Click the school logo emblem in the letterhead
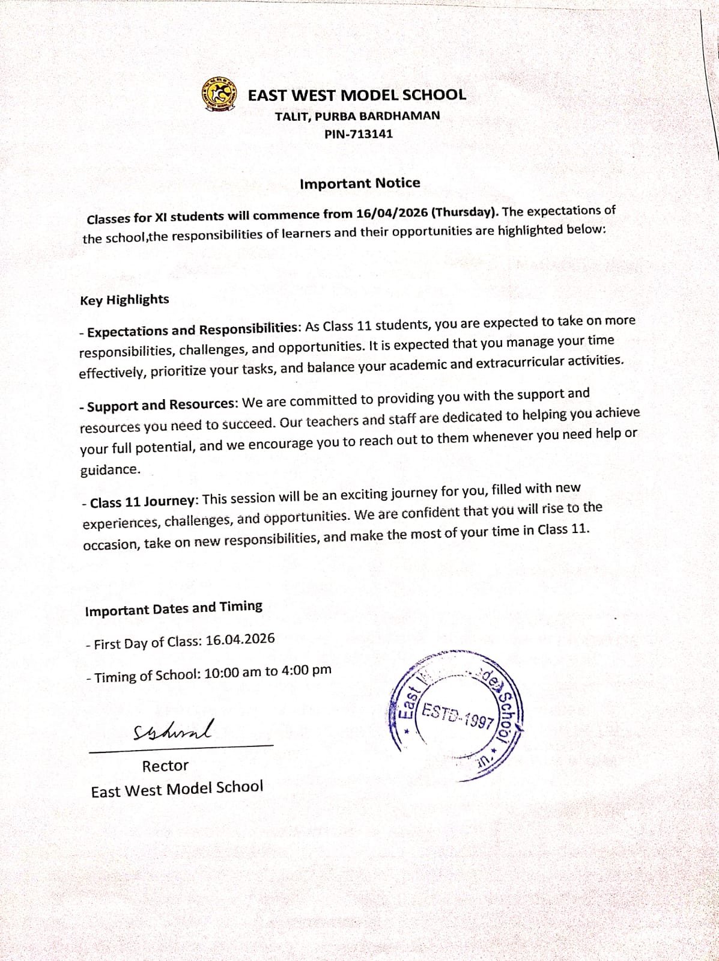coord(217,94)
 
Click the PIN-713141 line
coord(359,134)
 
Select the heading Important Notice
coord(360,183)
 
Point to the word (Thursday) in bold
coord(465,212)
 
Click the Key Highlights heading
coord(124,300)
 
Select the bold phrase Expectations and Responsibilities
coord(193,330)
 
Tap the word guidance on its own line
coord(110,470)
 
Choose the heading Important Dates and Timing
coord(174,609)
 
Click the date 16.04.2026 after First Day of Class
coord(240,639)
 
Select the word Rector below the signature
coord(165,766)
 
